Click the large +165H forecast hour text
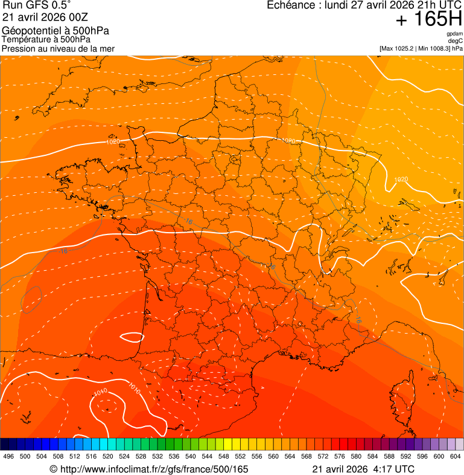(x=428, y=19)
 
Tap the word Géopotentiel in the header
(x=29, y=31)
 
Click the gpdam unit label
(x=455, y=34)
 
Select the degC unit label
(x=456, y=40)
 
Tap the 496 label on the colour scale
(x=8, y=456)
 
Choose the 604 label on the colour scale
(x=456, y=456)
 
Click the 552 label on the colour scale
(x=241, y=456)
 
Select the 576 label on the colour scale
(x=340, y=456)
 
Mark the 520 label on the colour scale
(x=108, y=456)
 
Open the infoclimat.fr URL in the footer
(x=154, y=469)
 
